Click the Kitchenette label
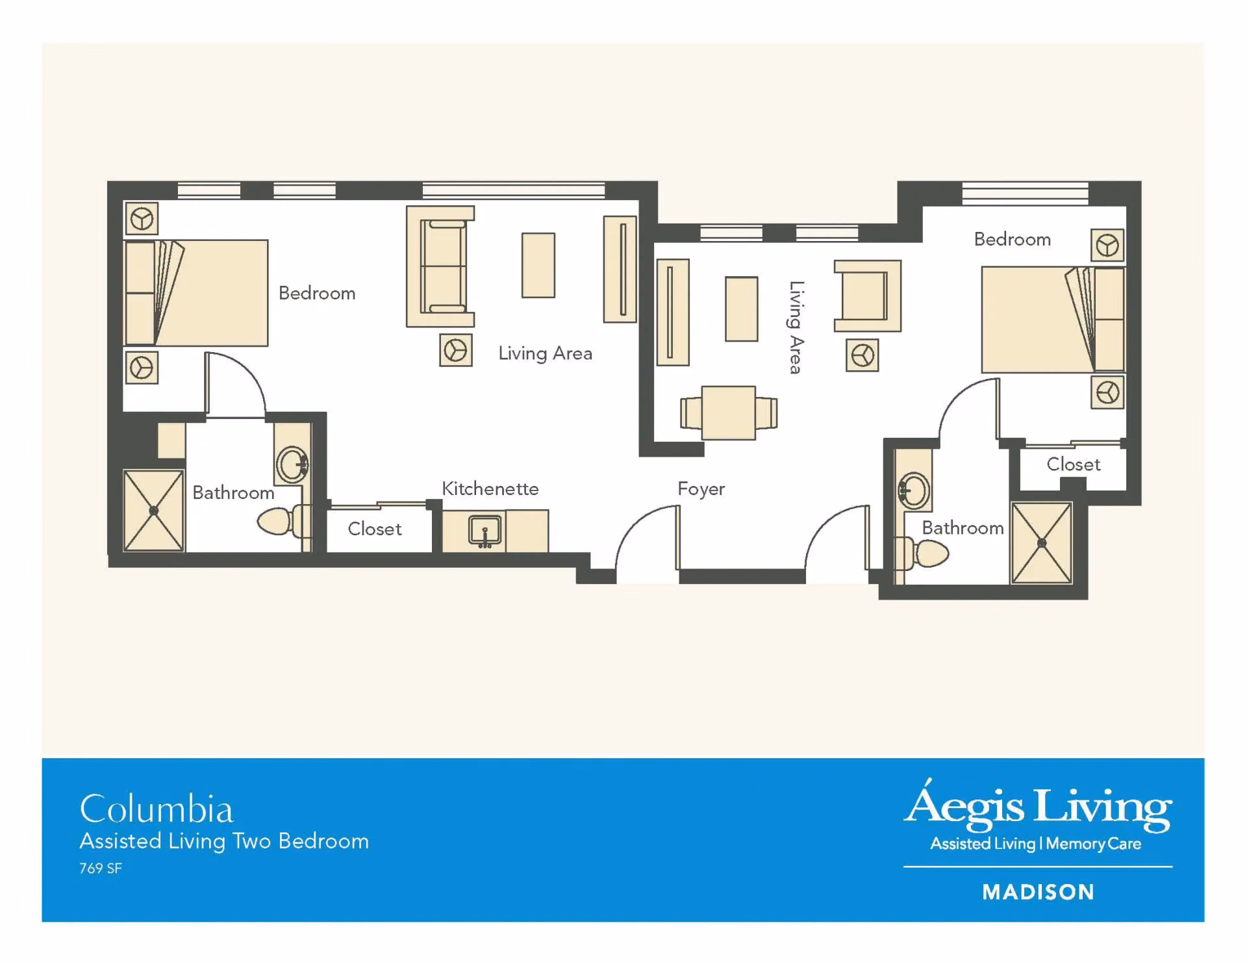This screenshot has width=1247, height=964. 490,488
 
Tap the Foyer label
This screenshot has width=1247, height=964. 701,489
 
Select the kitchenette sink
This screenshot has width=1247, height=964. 485,531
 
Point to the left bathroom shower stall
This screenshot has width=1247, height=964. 153,511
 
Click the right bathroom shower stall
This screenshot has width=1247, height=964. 1042,543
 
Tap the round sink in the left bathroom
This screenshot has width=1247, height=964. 292,464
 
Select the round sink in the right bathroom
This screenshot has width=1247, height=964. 913,490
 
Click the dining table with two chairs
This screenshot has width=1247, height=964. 729,413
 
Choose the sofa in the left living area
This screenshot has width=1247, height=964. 441,266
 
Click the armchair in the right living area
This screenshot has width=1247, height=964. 868,296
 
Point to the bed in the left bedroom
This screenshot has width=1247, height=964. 195,293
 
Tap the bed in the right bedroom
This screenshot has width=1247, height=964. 1053,319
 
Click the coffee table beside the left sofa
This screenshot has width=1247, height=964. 538,265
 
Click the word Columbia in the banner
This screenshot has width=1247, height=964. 156,809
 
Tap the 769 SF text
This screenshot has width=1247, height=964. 101,869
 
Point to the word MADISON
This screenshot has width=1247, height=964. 1038,892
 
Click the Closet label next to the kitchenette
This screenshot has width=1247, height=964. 375,529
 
